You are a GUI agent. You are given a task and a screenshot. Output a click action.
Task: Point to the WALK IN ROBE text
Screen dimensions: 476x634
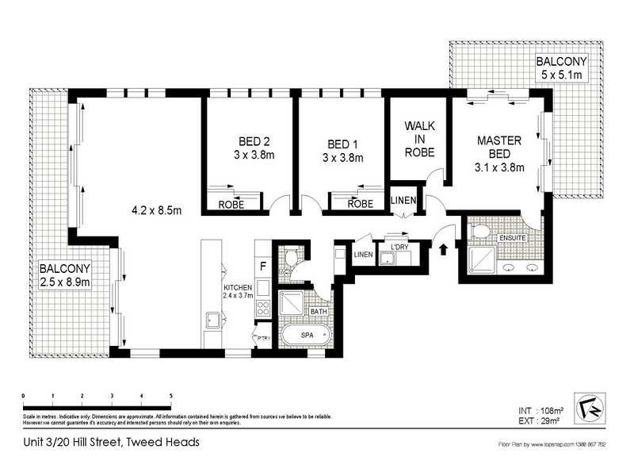coord(418,140)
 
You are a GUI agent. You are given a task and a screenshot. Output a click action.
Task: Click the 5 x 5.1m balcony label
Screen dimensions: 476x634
coord(561,67)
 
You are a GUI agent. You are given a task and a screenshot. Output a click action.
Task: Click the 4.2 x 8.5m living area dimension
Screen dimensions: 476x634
coord(157,211)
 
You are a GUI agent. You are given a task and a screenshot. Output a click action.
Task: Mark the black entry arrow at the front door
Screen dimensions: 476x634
coord(442,248)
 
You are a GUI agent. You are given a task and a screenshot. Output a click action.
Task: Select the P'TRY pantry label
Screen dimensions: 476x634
coord(263,338)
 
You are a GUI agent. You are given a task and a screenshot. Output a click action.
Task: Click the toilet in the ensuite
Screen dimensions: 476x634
coord(479,231)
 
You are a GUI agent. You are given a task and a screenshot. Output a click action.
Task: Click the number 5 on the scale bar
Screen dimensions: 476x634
coord(171,395)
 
